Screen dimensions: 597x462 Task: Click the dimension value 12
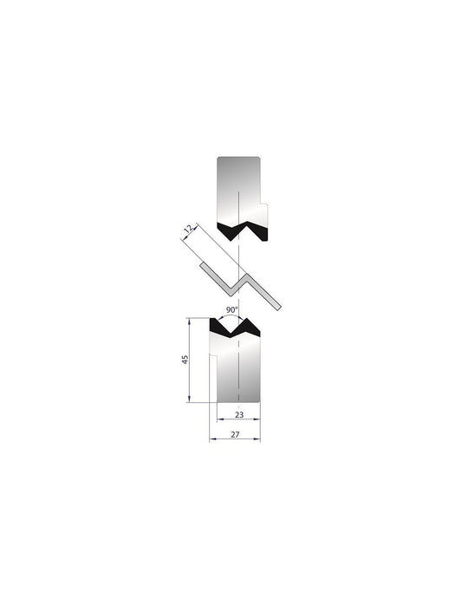tap(186, 230)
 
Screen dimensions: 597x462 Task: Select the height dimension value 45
tap(185, 360)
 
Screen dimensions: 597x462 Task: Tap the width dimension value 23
tap(238, 414)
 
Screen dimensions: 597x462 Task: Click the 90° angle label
tap(231, 309)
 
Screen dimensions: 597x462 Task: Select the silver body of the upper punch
tap(238, 186)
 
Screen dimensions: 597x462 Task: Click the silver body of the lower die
tap(238, 368)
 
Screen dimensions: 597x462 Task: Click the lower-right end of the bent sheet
tap(279, 307)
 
